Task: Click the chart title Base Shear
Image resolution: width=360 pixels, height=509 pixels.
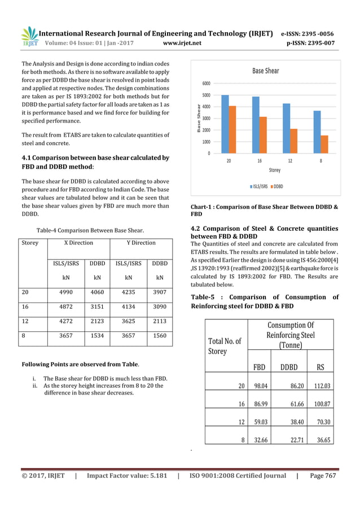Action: [x=265, y=71]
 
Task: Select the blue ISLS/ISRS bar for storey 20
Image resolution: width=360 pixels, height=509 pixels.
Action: [x=225, y=124]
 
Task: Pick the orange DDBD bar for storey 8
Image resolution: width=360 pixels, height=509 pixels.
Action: [x=324, y=144]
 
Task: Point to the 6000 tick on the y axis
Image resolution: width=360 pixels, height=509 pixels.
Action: [x=207, y=83]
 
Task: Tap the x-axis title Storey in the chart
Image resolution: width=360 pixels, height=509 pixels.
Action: [x=274, y=170]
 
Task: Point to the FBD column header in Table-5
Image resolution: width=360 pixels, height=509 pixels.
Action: [x=260, y=367]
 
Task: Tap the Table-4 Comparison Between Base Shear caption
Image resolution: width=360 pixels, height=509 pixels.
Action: [x=90, y=229]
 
